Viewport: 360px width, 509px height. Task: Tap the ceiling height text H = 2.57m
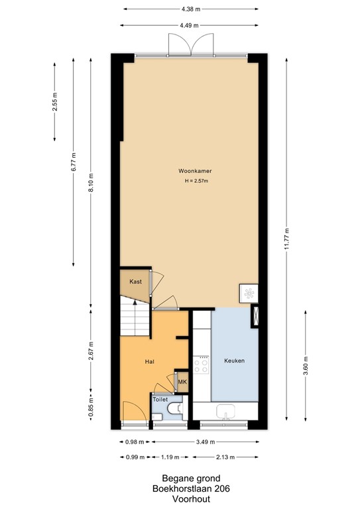[x=190, y=180]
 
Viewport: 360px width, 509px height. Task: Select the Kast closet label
[x=135, y=282]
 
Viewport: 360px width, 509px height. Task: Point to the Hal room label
[x=150, y=362]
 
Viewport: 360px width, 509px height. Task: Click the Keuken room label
[x=234, y=361]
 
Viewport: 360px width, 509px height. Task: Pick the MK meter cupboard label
[x=182, y=383]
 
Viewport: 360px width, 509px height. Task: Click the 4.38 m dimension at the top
[x=190, y=10]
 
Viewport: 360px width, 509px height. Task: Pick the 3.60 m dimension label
[x=305, y=364]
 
